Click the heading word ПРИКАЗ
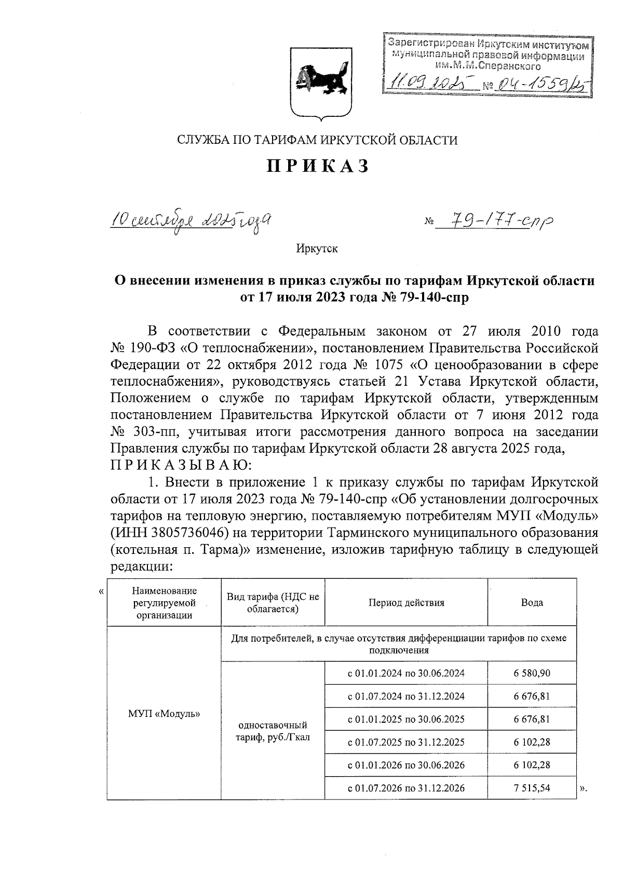[318, 166]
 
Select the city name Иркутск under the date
[317, 249]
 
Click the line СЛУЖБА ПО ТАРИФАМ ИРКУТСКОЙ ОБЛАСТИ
[317, 140]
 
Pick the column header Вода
[532, 603]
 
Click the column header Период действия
[406, 603]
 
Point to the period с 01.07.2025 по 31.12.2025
[406, 742]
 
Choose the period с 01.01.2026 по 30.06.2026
[406, 765]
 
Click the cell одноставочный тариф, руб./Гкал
[273, 730]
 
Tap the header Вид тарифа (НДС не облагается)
[273, 603]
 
